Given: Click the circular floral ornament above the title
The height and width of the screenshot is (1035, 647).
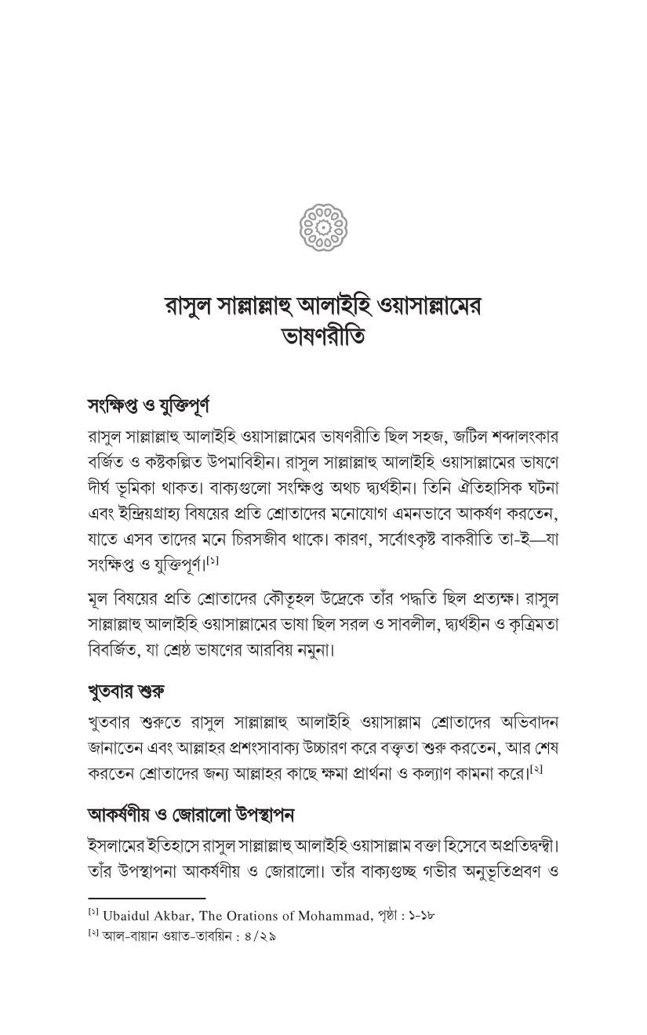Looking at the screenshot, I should (323, 225).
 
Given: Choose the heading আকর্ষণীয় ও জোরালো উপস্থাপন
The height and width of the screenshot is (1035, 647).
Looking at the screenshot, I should (190, 815).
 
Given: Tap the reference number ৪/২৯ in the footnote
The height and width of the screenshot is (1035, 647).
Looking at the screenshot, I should (260, 936).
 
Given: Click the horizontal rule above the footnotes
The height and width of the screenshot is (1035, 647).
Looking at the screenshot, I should (147, 899).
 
